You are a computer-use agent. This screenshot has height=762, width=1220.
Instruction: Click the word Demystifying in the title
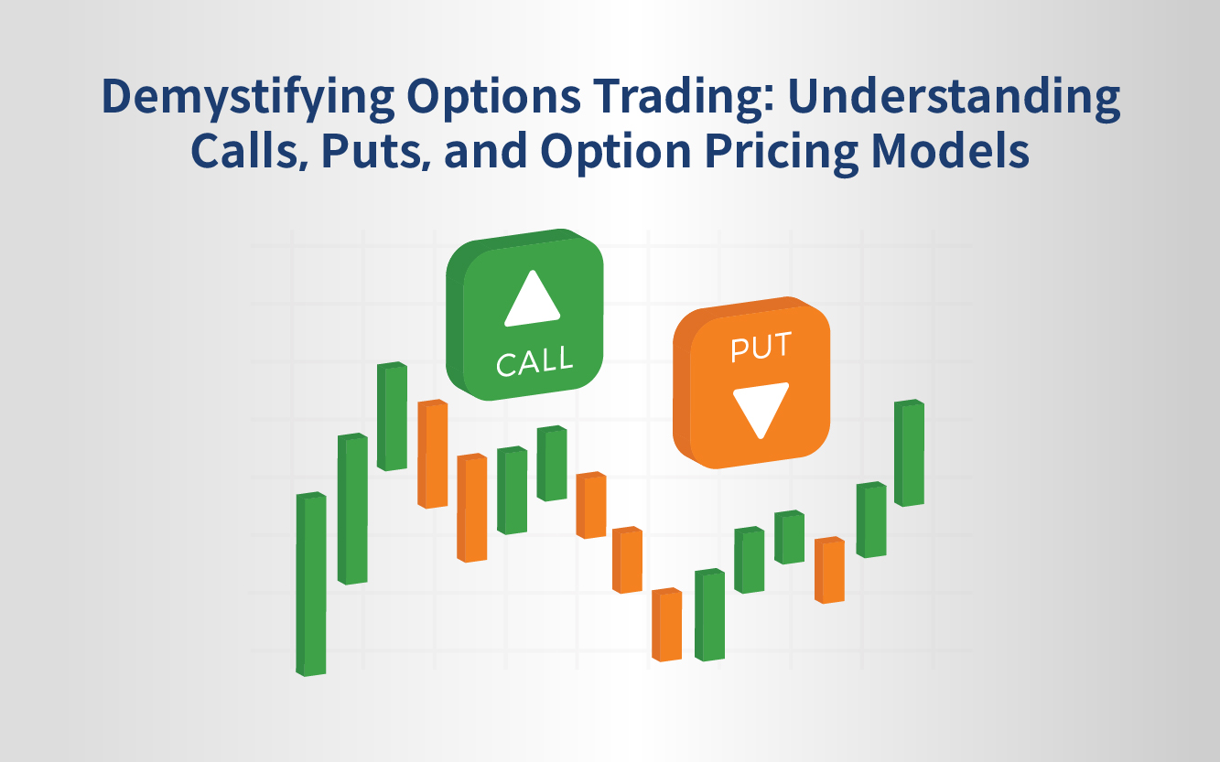(248, 98)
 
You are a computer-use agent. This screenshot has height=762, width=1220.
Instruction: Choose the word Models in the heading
(950, 150)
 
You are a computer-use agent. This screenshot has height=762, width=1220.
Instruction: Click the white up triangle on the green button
(532, 299)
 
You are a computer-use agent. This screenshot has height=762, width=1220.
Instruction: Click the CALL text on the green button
(534, 360)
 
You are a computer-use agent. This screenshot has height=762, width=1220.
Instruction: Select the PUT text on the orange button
(761, 347)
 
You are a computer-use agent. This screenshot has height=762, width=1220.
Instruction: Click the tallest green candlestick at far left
(311, 584)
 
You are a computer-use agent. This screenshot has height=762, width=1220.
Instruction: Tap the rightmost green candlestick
(909, 453)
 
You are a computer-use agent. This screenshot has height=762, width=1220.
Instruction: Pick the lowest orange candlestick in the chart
(667, 625)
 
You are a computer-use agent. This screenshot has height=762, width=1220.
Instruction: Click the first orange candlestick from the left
(433, 454)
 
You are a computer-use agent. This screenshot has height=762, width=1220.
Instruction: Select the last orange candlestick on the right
(829, 570)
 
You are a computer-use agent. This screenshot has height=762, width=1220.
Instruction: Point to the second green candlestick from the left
(352, 509)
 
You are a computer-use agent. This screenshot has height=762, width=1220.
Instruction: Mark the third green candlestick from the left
(392, 416)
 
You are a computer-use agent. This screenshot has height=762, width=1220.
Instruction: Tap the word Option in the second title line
(615, 154)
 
